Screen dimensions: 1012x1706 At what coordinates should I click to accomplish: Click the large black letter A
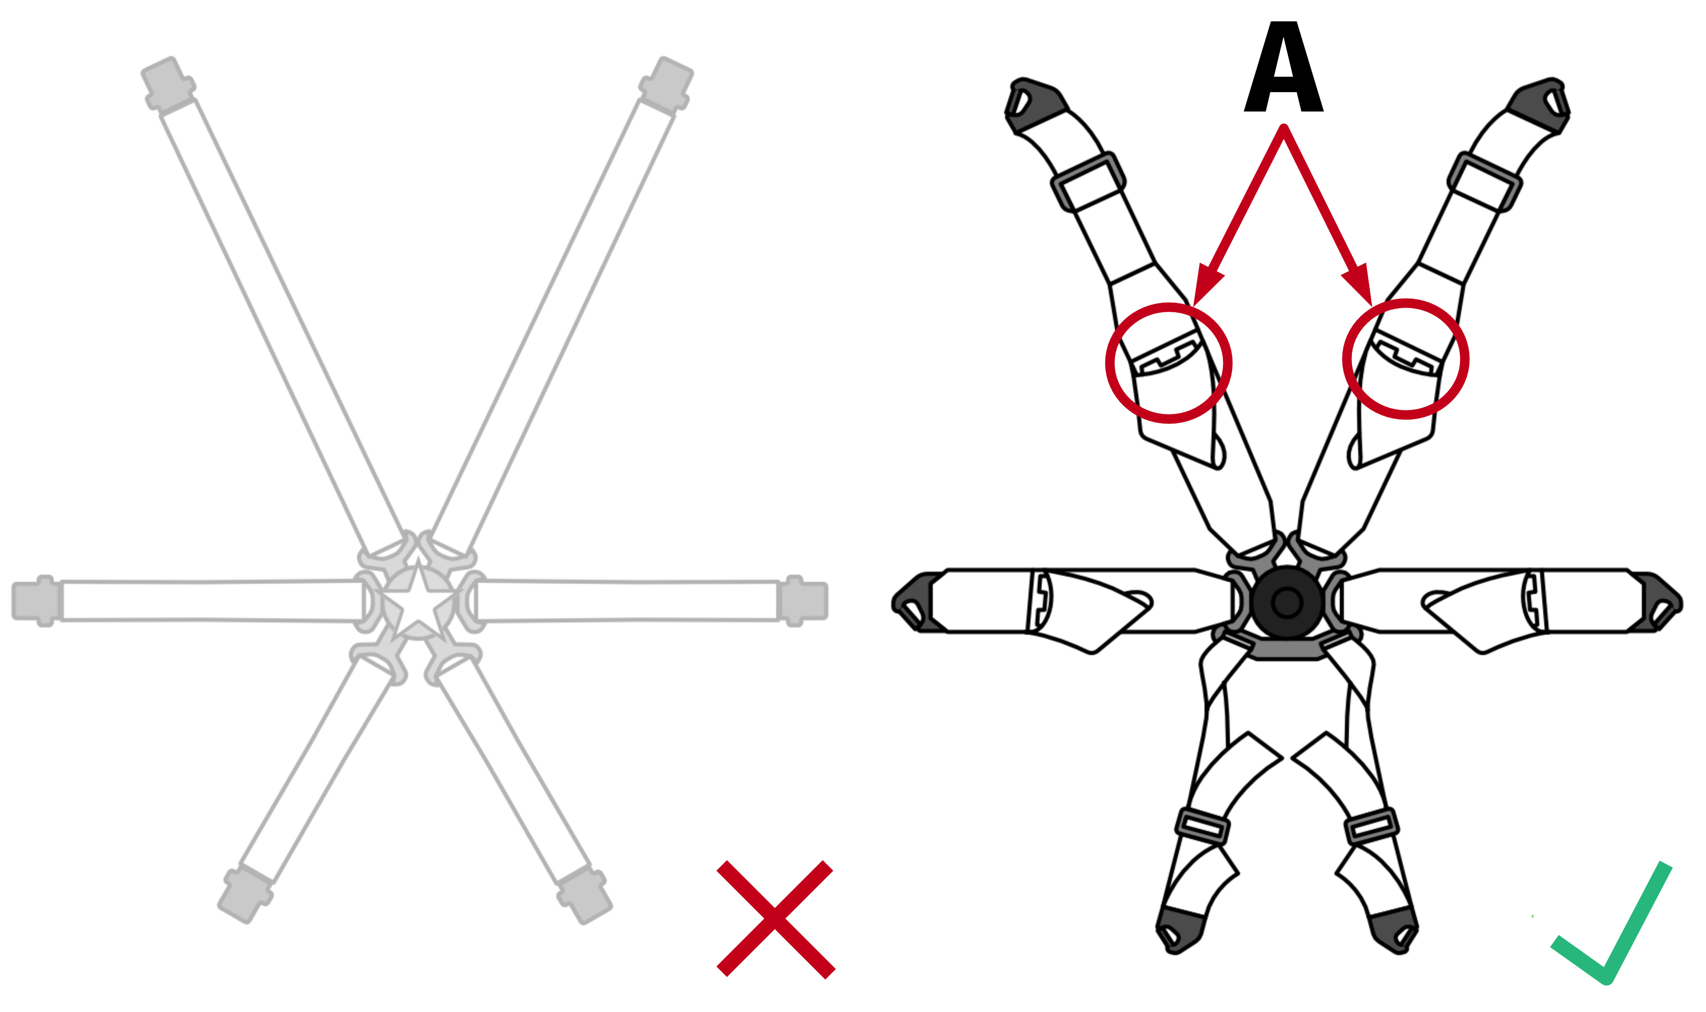tap(1283, 68)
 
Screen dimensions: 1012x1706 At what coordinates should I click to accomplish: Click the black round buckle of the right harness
tap(1287, 602)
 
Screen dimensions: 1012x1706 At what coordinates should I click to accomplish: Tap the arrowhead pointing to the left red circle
tap(1205, 286)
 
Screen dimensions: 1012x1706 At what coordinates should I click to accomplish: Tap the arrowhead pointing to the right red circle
tap(1360, 284)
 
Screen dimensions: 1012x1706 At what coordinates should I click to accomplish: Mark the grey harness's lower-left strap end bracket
tap(246, 894)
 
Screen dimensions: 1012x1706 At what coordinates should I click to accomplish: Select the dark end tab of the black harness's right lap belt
tap(1657, 602)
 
